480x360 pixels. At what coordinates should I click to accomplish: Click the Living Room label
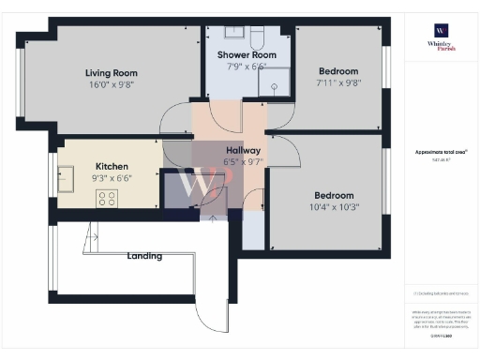(x=112, y=72)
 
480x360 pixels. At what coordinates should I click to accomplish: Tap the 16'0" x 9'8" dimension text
(x=112, y=84)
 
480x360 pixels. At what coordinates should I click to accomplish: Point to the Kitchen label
(x=112, y=166)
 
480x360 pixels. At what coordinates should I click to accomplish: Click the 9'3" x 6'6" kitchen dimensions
(x=112, y=178)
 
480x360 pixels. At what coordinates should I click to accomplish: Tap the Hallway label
(x=243, y=150)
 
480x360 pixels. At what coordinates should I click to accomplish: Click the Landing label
(x=144, y=256)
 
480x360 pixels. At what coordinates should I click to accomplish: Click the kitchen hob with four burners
(x=107, y=199)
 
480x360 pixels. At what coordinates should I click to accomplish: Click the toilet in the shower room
(x=258, y=37)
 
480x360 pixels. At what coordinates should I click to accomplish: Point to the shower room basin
(x=232, y=34)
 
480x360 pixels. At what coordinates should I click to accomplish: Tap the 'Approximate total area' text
(x=442, y=152)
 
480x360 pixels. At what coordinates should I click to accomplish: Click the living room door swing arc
(x=174, y=118)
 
